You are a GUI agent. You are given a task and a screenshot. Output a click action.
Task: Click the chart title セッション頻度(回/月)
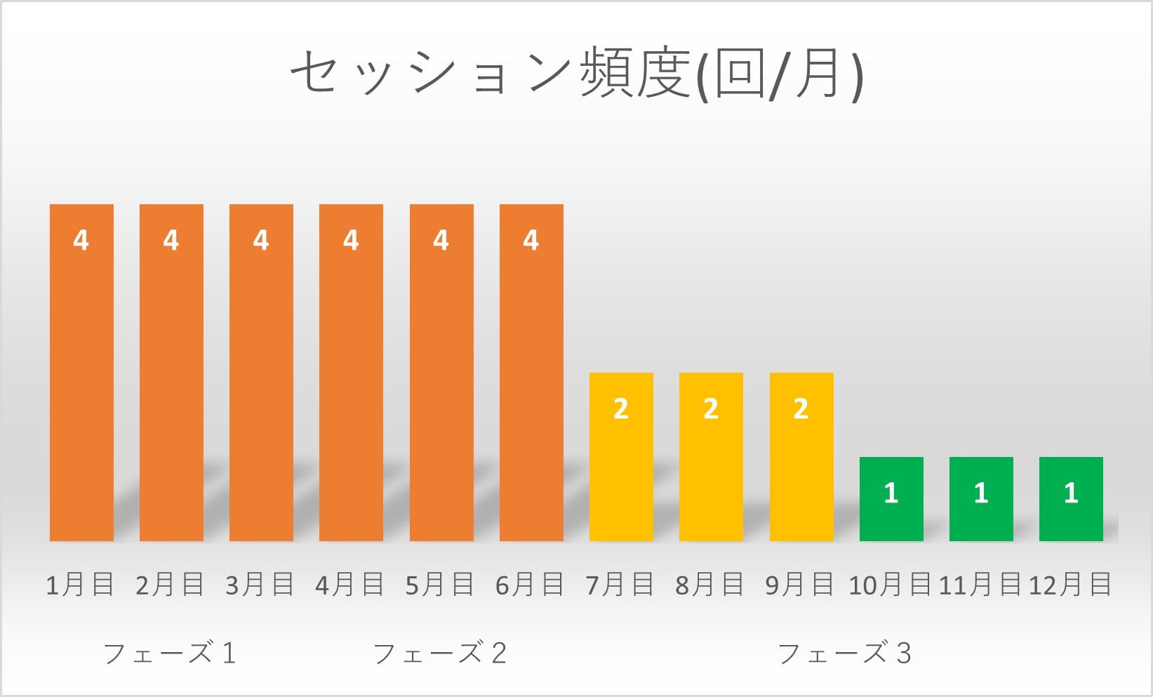[577, 74]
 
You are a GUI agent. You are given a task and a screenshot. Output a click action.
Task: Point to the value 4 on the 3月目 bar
[261, 240]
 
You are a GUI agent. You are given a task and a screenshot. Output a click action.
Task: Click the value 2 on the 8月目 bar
[711, 409]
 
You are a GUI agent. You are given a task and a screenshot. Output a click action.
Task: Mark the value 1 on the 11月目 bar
[981, 493]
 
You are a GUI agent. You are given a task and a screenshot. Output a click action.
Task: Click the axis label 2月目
[170, 585]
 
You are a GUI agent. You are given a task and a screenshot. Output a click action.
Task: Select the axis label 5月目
[440, 585]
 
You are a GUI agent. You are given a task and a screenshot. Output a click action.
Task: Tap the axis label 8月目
[709, 585]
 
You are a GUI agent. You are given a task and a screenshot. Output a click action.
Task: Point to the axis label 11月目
[980, 585]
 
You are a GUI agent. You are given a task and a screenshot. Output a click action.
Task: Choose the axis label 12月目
[1070, 585]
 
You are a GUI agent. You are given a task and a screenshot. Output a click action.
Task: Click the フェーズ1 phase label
[170, 653]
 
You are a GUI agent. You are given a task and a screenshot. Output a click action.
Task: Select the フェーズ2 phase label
[440, 653]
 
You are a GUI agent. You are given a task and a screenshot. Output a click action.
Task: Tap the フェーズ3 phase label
[845, 653]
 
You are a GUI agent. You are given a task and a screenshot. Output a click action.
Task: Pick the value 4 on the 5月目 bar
[441, 240]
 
